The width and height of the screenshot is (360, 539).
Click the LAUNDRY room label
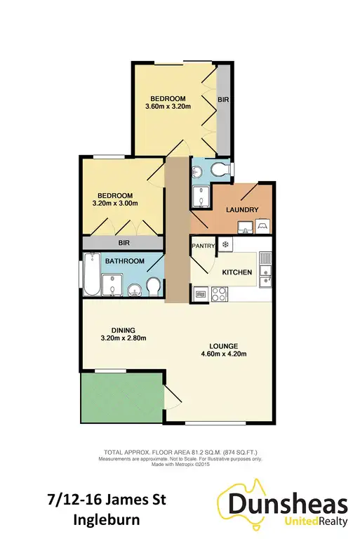click(x=243, y=210)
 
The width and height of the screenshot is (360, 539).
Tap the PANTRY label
click(x=204, y=246)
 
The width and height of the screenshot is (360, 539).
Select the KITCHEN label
click(x=237, y=272)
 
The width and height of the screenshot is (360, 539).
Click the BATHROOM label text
click(x=124, y=262)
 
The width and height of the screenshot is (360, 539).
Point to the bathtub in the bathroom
click(x=89, y=276)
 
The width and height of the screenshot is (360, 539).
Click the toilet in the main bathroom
click(x=154, y=287)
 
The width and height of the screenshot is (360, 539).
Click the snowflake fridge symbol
click(x=226, y=244)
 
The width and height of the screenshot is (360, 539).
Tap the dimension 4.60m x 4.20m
click(x=225, y=354)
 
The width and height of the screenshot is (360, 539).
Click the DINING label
click(x=122, y=330)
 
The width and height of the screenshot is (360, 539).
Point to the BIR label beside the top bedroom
click(x=224, y=101)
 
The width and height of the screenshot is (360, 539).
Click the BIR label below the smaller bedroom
click(x=124, y=242)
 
